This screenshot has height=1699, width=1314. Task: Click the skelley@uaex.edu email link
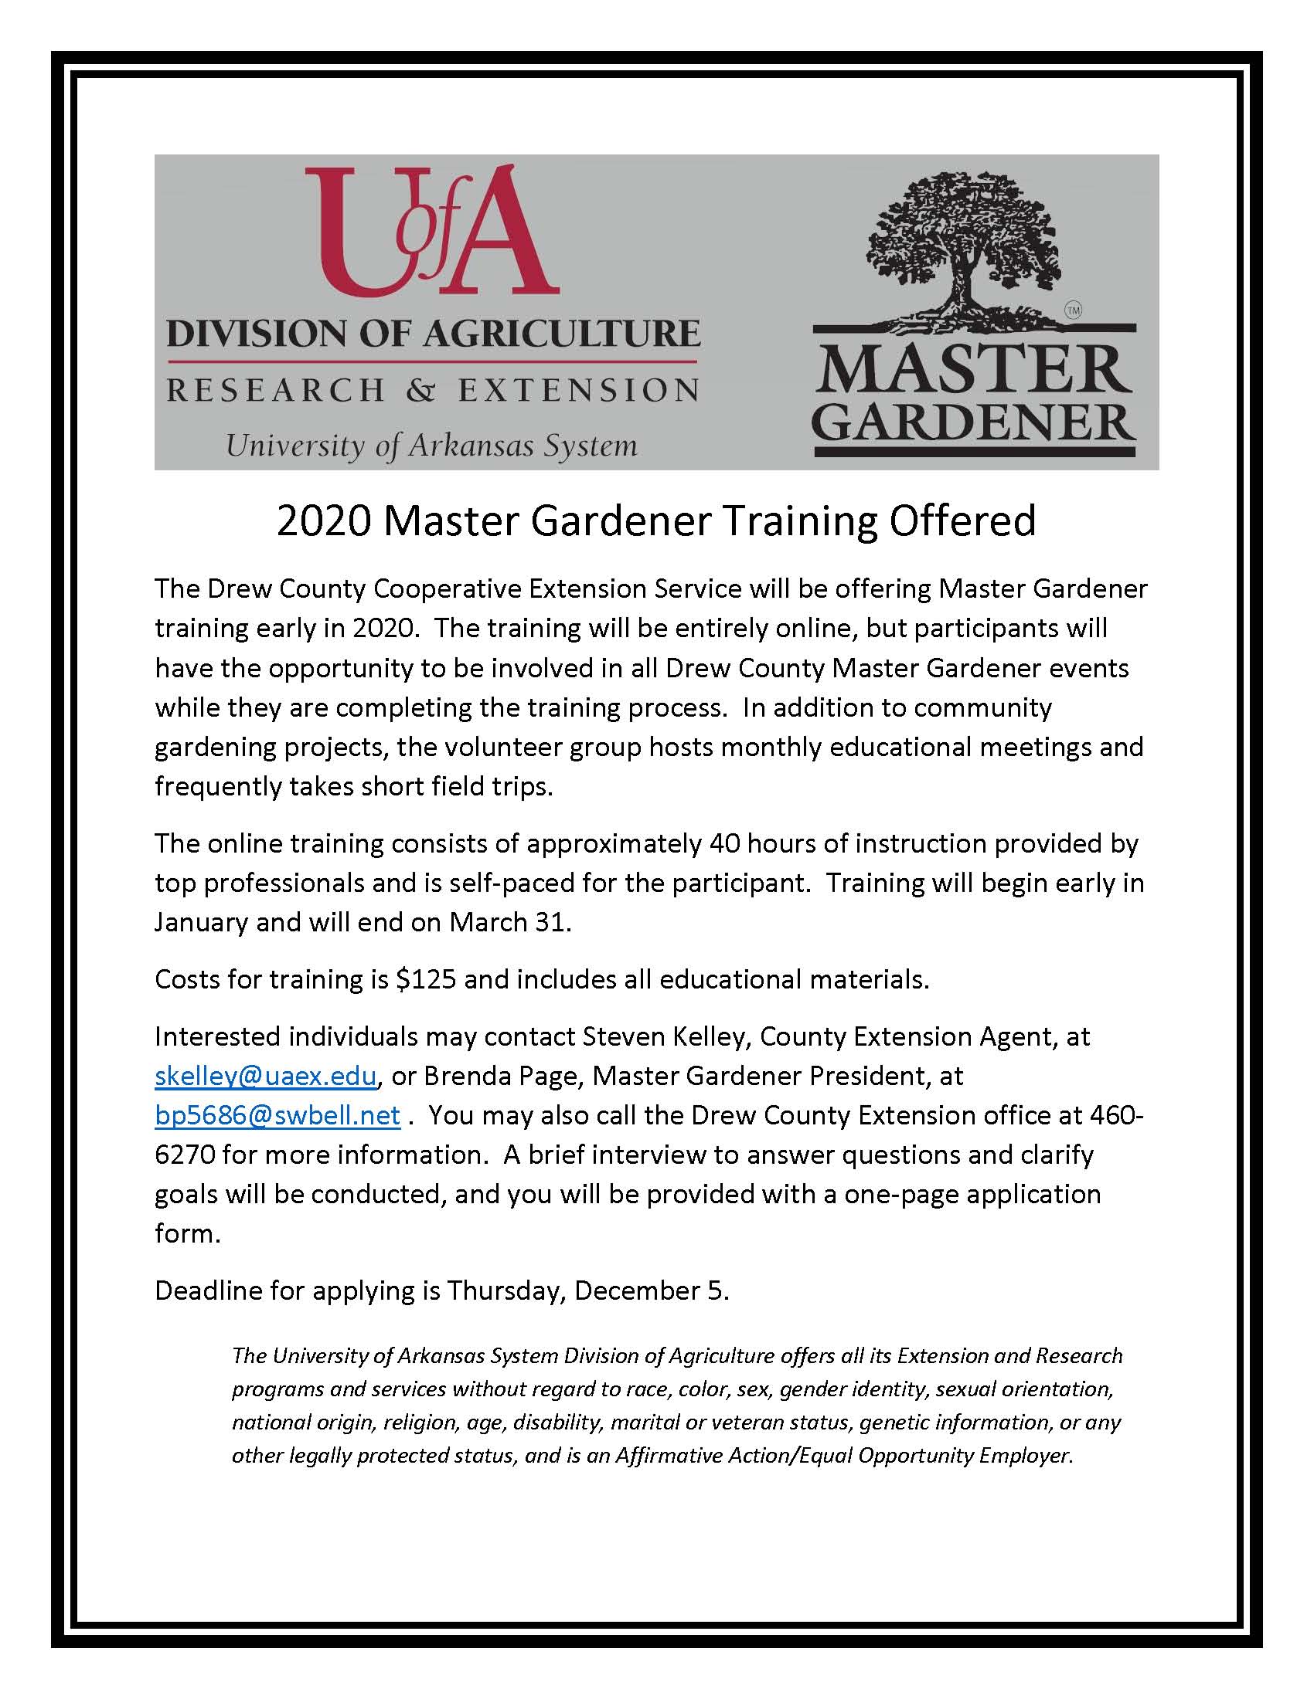pos(266,1076)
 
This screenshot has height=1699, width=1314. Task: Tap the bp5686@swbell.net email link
pos(278,1116)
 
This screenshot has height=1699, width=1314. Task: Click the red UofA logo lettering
pos(432,233)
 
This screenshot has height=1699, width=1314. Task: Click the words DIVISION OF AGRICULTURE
pos(434,333)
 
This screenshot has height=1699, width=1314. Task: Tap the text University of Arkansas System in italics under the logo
pos(431,446)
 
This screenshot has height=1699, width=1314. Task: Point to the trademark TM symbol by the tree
pos(1074,310)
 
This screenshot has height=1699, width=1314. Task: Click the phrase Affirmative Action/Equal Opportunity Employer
pos(844,1455)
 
